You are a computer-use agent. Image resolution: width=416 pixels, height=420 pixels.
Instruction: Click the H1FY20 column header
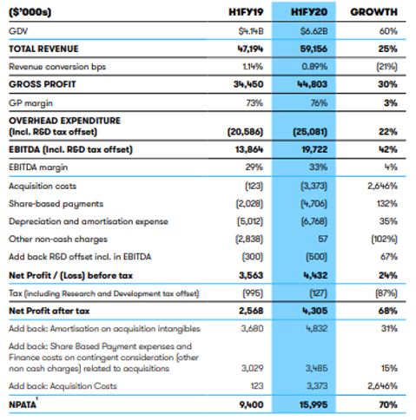pos(309,12)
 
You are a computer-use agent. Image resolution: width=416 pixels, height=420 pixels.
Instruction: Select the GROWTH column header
pos(373,12)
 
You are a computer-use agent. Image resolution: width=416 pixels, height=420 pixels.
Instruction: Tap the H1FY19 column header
pos(246,12)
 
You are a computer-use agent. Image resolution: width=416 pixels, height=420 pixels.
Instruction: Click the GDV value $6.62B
pos(314,31)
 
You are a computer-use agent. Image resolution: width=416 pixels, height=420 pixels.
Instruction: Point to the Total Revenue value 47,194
pos(250,49)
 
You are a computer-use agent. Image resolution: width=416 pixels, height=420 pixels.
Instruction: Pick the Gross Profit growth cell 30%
pos(387,84)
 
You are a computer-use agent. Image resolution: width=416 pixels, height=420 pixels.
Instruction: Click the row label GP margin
pos(30,103)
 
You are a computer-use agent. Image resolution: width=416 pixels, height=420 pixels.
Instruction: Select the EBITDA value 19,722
pos(314,149)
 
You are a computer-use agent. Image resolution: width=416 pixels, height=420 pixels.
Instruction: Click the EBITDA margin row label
pos(38,167)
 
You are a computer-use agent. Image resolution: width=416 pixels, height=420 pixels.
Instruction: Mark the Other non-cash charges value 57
pos(322,239)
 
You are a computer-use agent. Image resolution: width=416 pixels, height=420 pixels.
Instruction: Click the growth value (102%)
pos(384,240)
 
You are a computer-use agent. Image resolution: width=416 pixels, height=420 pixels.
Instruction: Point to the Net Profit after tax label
pos(50,311)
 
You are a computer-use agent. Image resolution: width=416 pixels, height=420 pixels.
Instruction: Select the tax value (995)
pos(253,293)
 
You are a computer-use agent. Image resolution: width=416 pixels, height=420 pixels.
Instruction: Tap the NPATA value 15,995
pos(314,404)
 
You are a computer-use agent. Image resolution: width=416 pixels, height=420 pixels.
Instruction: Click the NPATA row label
pos(23,404)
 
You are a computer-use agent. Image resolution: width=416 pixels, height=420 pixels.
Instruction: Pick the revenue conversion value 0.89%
pos(314,67)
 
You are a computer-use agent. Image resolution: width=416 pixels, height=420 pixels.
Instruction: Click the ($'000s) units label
pos(30,12)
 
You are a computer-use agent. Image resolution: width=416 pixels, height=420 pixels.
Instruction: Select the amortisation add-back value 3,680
pos(252,329)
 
